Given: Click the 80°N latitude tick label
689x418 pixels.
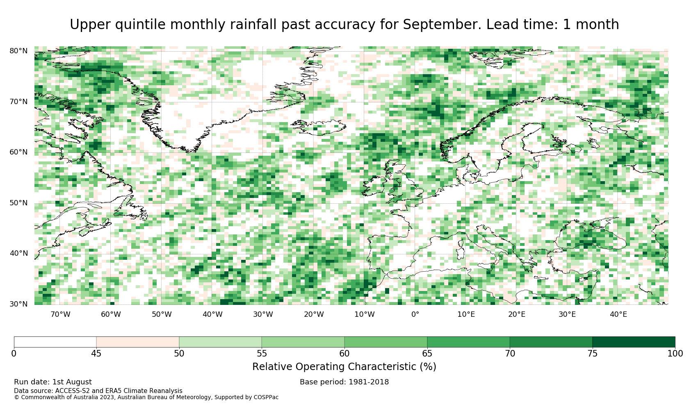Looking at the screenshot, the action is coord(18,51).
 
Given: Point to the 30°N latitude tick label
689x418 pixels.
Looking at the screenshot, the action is coord(18,304).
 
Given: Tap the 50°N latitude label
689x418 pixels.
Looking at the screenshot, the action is coord(18,203).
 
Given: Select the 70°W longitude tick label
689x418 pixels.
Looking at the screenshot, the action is coord(60,314).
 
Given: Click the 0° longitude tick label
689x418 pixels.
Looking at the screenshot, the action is coord(415,314).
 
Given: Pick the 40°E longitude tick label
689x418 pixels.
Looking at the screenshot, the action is coord(618,314).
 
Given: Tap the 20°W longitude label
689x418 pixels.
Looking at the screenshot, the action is coord(314,314).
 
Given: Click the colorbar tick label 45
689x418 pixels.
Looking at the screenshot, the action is coord(96,354).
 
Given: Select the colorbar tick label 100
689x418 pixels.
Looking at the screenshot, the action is coord(675,354).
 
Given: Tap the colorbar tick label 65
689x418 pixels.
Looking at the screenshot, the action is coord(427,354).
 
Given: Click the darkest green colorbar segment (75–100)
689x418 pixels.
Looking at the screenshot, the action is coord(634,342).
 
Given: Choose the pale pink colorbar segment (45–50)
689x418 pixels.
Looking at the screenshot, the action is coord(137,342).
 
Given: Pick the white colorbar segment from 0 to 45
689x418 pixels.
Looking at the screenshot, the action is coord(55,342).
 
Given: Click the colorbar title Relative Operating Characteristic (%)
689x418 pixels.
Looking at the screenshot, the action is coord(344,367).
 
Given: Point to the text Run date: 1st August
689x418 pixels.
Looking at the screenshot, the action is coord(52,382).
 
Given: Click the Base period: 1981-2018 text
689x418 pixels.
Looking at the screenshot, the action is coord(344,382).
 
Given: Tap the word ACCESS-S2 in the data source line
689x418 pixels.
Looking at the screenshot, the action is coord(73,391).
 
